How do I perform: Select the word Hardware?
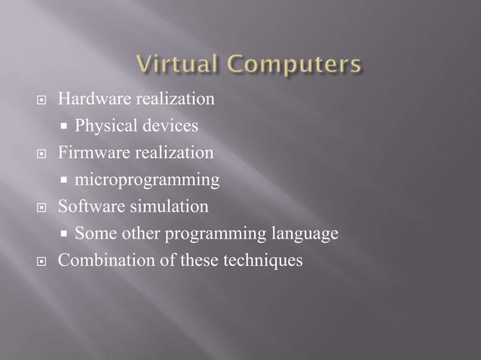[90, 99]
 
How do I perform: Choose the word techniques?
[265, 261]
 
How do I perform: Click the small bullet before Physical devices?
[66, 126]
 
